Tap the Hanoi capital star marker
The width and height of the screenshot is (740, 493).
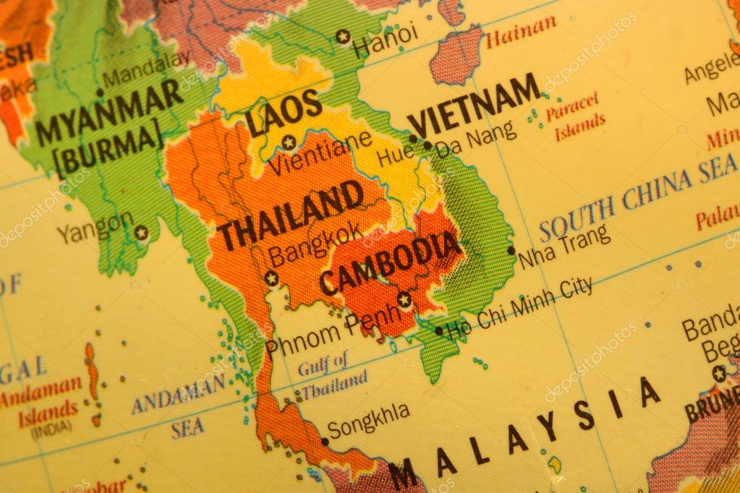coord(343,36)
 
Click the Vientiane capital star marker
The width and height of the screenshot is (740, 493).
coord(289,142)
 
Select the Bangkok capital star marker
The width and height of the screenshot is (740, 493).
coord(271,278)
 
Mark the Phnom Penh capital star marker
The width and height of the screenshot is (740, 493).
coord(404,299)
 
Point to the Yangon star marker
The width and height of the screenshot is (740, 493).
coord(141,233)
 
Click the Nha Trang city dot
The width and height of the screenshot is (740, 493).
coord(511,251)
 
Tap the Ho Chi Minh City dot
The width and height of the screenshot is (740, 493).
coord(438,331)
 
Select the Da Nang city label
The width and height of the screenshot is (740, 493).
coord(476,137)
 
